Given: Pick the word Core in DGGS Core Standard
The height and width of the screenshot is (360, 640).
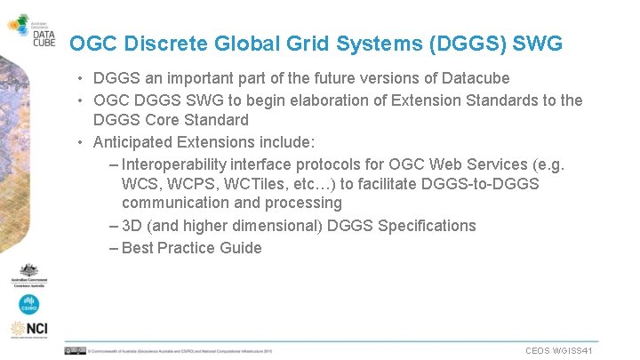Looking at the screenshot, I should (156, 120).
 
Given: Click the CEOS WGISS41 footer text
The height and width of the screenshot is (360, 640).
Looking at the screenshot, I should (559, 351).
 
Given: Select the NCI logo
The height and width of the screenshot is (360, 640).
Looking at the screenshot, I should (28, 330).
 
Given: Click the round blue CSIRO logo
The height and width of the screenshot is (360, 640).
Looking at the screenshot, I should (28, 304).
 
